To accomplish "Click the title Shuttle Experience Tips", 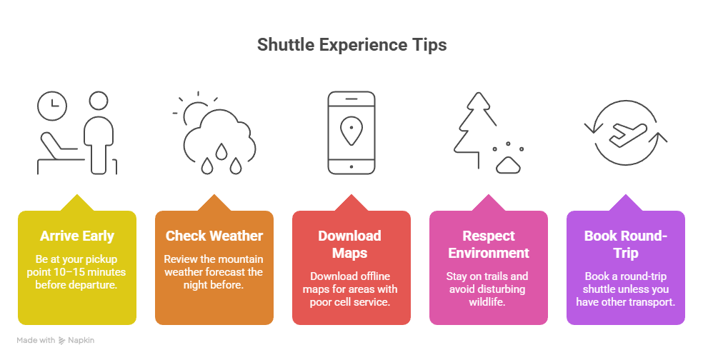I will (351, 45).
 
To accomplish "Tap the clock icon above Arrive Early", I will (52, 106).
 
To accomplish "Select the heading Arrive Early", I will (77, 236).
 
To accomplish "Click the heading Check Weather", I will (214, 236).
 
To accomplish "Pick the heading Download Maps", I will (350, 244).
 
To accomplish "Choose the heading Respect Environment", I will (488, 244).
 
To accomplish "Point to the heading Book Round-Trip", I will (625, 244).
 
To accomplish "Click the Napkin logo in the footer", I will (76, 341).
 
